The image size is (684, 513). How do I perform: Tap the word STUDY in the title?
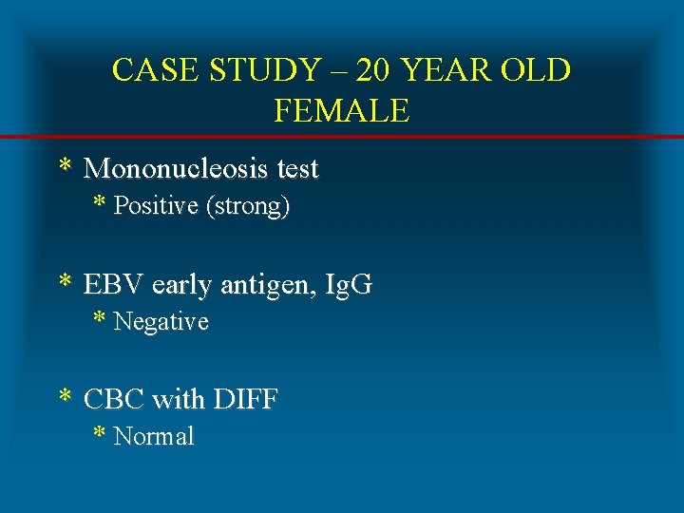[251, 69]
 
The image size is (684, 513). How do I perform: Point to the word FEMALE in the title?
[341, 111]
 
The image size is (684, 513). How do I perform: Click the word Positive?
[156, 207]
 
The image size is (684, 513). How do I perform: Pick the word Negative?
[161, 322]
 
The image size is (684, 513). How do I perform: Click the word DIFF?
[245, 400]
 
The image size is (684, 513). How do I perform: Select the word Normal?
[153, 437]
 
